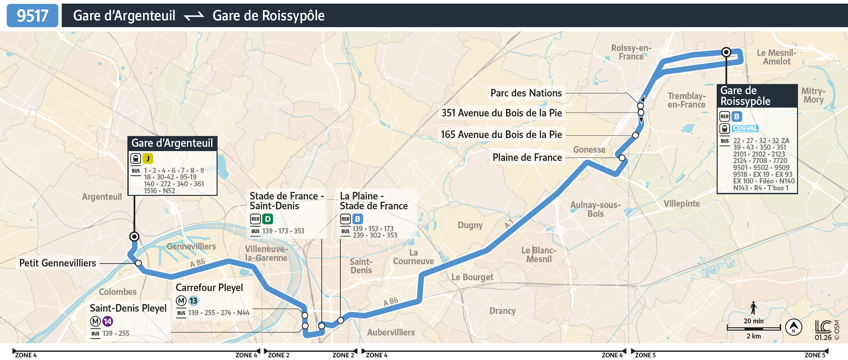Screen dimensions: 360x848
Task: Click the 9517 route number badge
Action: point(32,15)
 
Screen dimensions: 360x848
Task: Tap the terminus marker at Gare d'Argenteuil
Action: point(134,236)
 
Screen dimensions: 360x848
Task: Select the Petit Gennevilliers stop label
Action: point(57,263)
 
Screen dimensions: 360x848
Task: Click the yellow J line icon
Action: point(148,159)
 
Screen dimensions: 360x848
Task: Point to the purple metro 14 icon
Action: point(108,321)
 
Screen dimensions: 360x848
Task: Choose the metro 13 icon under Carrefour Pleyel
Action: point(193,300)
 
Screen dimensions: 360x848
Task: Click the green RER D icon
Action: point(268,219)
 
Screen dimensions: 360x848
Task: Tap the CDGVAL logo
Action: point(745,128)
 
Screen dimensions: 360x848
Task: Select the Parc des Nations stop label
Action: point(526,93)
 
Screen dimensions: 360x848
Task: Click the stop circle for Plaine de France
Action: point(622,158)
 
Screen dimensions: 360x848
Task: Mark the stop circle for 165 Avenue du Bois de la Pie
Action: point(635,135)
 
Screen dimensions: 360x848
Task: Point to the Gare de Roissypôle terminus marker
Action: point(726,52)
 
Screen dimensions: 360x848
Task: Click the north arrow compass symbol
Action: point(793,327)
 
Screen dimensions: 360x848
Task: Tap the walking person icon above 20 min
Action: point(753,308)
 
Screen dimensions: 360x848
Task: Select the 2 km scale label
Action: point(754,336)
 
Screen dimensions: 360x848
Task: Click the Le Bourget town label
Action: point(472,277)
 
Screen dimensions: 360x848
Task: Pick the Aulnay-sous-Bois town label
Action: point(595,209)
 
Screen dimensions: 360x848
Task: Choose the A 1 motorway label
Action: point(509,223)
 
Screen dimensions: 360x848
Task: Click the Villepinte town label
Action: point(681,204)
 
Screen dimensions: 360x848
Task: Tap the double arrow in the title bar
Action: point(194,16)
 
